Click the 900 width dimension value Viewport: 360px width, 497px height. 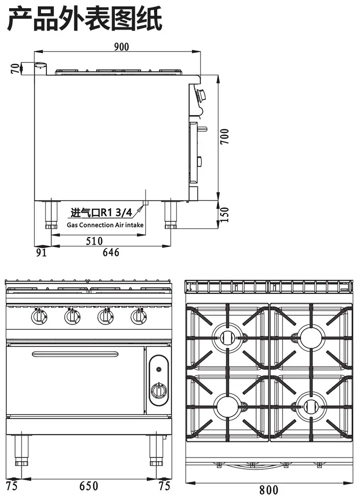(x=122, y=46)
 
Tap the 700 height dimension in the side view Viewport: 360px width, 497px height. (x=224, y=137)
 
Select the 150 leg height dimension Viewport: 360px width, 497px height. (x=224, y=215)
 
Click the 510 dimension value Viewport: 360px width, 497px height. (x=94, y=241)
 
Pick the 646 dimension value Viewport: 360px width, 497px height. (x=111, y=252)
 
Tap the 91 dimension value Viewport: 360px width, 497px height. (x=41, y=253)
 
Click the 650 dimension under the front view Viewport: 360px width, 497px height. (x=89, y=486)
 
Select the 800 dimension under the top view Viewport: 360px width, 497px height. (x=269, y=490)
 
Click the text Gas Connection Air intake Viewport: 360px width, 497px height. (x=105, y=225)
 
